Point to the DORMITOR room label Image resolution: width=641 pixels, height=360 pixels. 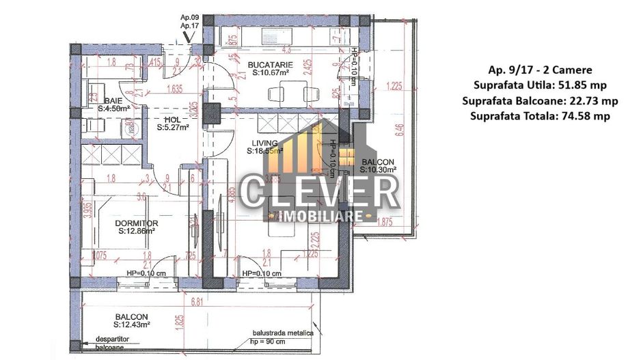click(x=137, y=223)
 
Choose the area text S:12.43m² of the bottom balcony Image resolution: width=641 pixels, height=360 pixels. click(x=132, y=325)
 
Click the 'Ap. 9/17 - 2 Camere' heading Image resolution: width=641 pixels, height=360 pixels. click(x=540, y=70)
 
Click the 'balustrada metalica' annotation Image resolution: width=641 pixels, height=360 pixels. click(x=281, y=333)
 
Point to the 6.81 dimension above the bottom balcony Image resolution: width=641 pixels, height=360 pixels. click(x=197, y=301)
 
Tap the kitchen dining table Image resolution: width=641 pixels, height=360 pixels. click(x=285, y=92)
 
